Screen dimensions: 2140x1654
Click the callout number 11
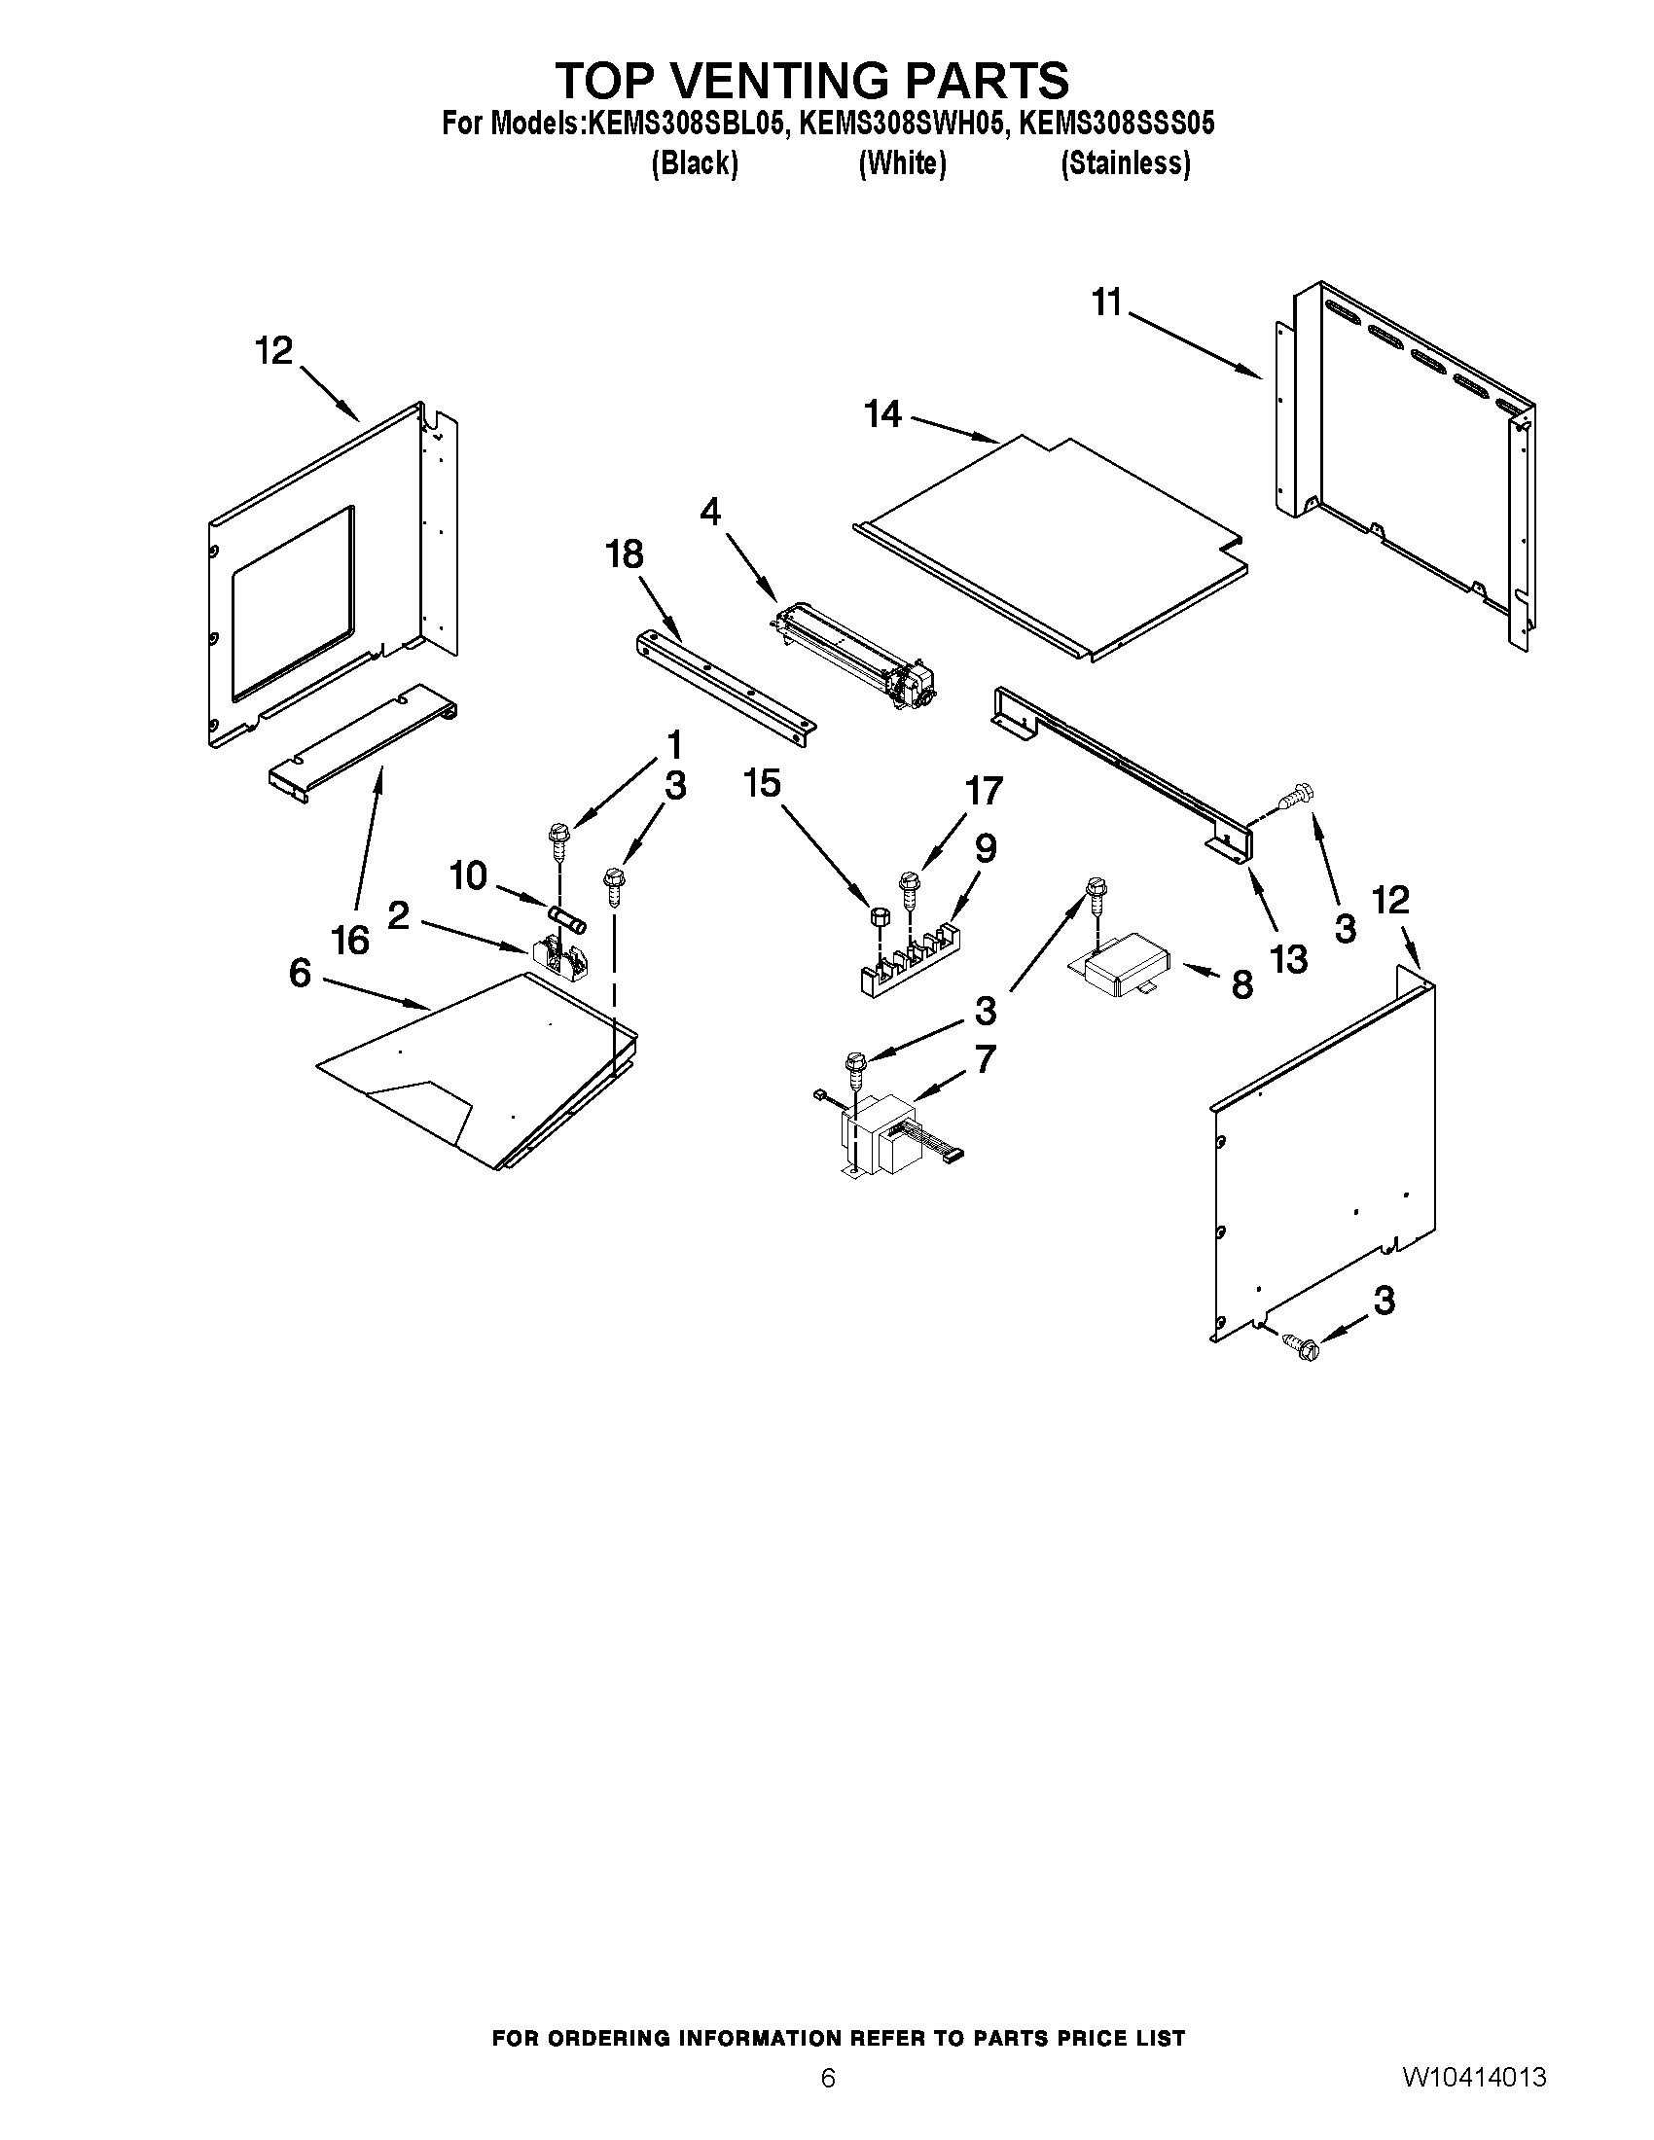click(1106, 303)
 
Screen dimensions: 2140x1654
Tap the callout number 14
click(881, 414)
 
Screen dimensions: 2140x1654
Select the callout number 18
click(625, 554)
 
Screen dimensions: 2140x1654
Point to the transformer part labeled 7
click(881, 1136)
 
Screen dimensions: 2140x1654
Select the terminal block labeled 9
click(909, 959)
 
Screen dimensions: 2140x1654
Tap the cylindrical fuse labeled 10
click(568, 919)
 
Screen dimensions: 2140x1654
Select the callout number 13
click(1288, 959)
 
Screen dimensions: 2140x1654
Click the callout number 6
click(300, 972)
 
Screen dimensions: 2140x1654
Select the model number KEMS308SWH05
click(903, 125)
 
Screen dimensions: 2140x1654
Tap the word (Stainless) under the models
click(1125, 163)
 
